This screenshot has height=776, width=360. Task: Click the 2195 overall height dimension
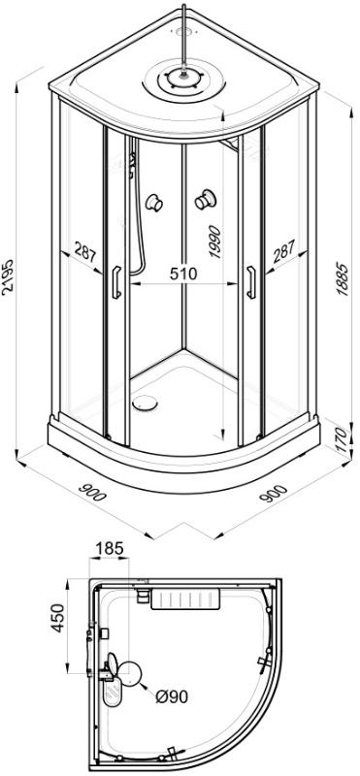[x=8, y=276]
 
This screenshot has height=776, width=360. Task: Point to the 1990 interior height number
[x=213, y=242]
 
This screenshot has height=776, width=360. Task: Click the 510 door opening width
[x=183, y=273]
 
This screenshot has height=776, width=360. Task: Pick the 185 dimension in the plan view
[x=109, y=548]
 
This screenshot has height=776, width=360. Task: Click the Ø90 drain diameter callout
[x=172, y=696]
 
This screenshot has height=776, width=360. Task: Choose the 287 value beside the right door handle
[x=283, y=251]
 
